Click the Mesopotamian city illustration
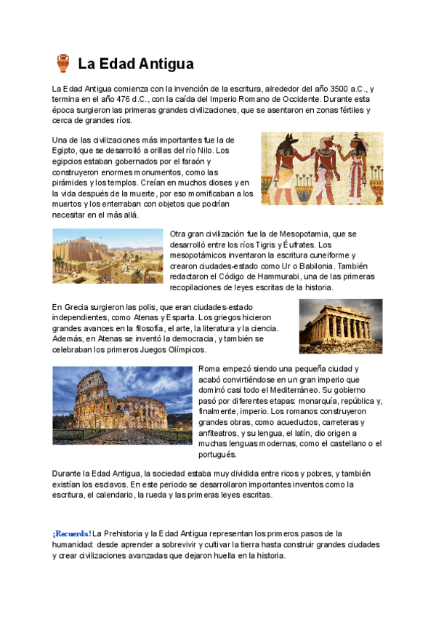108,256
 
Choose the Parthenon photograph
340,326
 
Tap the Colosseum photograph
121,405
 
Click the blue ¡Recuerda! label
72,533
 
